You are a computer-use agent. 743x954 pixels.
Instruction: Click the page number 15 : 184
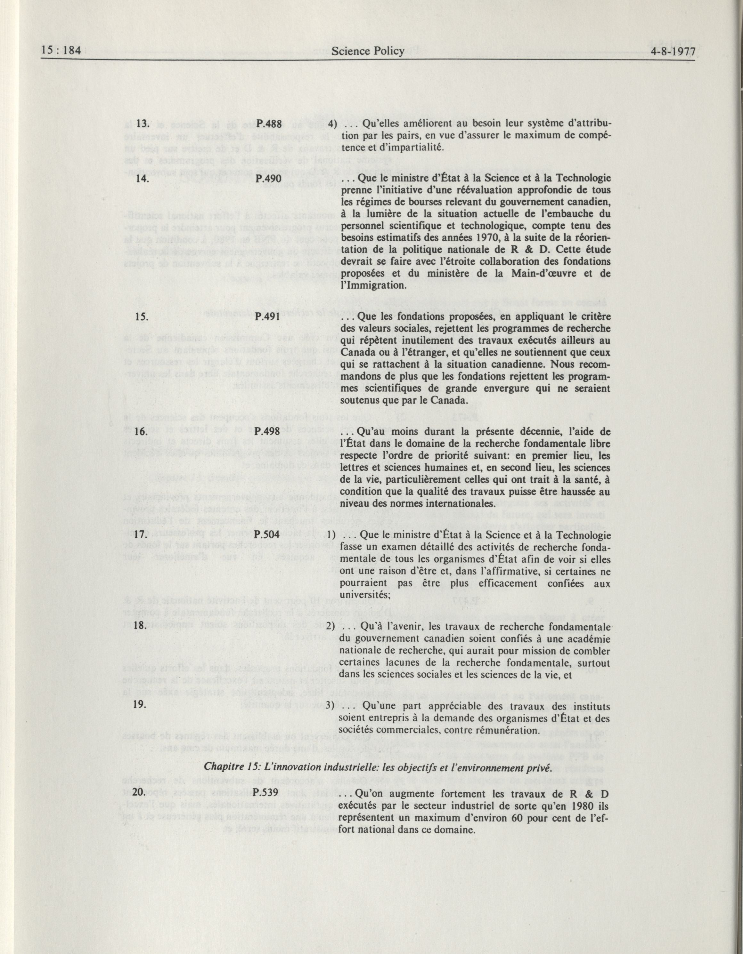pyautogui.click(x=61, y=52)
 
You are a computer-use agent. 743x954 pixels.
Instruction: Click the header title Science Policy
pyautogui.click(x=368, y=52)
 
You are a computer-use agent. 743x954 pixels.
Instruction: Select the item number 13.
pyautogui.click(x=142, y=124)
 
